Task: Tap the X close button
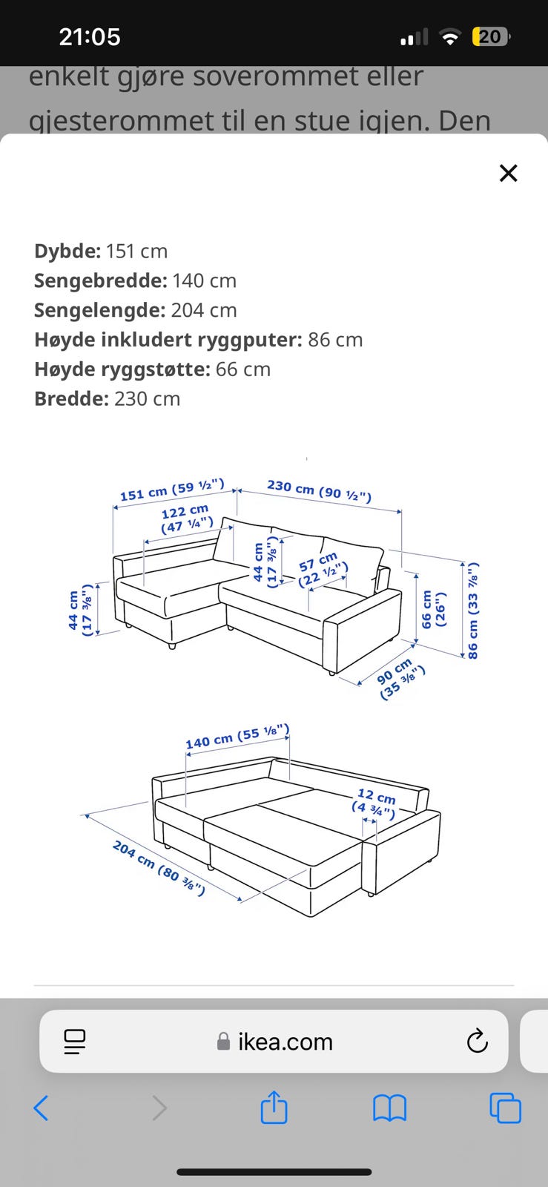point(508,173)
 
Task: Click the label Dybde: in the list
point(67,251)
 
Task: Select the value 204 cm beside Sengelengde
point(204,310)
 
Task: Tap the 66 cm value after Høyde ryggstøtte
point(243,369)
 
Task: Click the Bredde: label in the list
point(71,398)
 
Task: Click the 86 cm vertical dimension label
point(473,611)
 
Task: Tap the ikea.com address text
point(285,1042)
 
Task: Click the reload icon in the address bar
point(477,1042)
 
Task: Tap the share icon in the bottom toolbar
point(274,1108)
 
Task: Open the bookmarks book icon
point(389,1108)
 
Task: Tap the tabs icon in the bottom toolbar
point(505,1108)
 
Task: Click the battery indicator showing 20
point(491,36)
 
